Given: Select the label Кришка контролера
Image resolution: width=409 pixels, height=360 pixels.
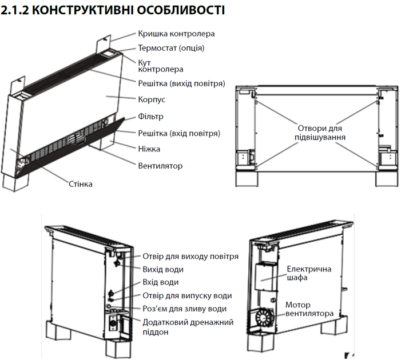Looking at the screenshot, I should [176, 34].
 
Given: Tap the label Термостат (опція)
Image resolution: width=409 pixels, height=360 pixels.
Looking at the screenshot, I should [171, 48].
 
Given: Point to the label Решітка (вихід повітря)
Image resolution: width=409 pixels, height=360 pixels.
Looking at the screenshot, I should [181, 83].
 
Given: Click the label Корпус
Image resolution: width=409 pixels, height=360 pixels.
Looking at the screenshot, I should [152, 99].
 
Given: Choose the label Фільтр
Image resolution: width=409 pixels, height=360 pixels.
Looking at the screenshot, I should [151, 117].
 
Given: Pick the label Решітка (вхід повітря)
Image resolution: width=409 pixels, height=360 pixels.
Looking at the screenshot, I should [179, 133].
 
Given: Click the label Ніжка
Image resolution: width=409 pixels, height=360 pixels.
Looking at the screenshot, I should [149, 149].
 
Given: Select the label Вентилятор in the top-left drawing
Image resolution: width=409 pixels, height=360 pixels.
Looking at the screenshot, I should [160, 166].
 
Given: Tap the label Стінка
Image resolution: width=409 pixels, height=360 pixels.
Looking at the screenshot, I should [81, 184].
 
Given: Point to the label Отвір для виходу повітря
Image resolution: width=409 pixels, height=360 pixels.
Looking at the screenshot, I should [190, 257].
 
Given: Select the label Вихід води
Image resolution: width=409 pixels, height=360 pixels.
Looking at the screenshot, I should [166, 269].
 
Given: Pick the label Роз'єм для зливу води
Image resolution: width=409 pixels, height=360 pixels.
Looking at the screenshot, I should [184, 309].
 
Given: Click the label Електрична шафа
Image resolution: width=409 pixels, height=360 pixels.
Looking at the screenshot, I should [309, 273].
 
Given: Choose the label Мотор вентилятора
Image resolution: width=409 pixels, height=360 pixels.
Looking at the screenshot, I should [308, 309].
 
